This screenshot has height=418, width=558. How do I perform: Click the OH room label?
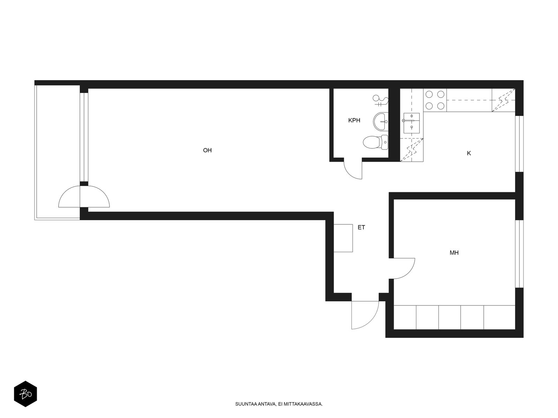[207, 150]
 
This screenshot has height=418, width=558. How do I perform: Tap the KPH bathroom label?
[354, 120]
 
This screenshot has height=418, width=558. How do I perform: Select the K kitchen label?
[469, 153]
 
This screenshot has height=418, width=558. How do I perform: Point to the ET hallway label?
[361, 227]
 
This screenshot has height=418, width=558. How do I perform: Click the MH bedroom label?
[454, 253]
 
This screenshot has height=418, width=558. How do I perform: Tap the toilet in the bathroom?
[376, 142]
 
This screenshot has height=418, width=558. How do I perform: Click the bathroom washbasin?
[380, 122]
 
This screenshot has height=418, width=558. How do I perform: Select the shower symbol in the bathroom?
[380, 100]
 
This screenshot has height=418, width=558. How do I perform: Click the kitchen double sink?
[411, 123]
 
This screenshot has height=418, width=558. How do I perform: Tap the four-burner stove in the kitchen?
[435, 100]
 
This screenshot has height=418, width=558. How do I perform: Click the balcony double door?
[84, 197]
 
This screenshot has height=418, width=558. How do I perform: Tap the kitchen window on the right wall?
[519, 144]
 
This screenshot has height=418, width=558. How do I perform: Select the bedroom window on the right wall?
[519, 254]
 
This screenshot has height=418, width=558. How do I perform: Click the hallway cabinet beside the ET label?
[343, 238]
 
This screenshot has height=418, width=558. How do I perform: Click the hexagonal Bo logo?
[25, 394]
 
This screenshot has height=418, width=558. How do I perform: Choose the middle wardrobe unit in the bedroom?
[450, 317]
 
